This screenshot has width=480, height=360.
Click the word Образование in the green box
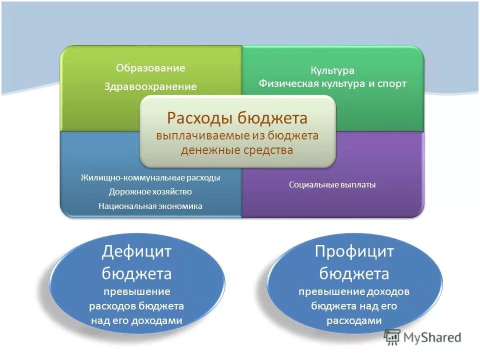150,68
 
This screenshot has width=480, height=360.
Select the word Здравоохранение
150,87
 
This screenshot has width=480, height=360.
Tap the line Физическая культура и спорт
332,83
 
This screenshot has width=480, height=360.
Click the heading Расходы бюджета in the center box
237,118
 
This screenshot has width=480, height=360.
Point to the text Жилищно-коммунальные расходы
150,177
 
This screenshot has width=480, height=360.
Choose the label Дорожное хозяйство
150,191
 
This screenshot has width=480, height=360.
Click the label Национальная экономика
150,206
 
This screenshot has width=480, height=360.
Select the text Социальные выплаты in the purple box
332,185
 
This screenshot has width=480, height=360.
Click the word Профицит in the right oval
354,251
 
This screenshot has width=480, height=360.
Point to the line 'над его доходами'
136,321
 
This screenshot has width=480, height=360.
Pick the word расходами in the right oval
354,321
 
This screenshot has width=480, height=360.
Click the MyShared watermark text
433,338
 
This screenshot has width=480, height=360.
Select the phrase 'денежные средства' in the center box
237,150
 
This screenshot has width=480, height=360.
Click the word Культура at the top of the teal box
332,70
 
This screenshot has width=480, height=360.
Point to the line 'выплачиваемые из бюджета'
237,136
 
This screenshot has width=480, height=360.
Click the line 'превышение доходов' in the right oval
354,291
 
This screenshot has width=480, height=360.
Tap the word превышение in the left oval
136,291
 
